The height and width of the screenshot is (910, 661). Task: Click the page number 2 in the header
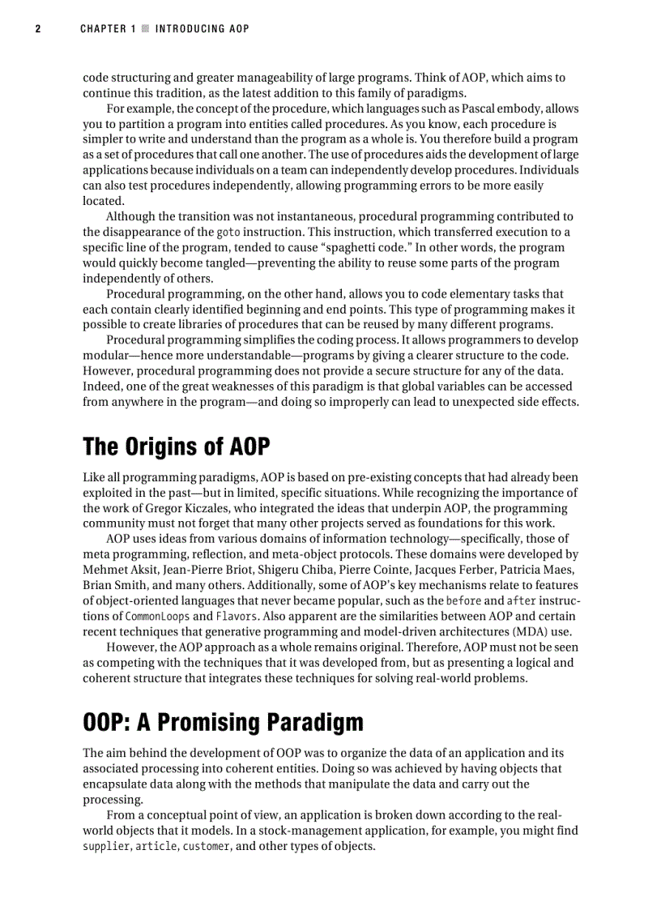click(x=37, y=29)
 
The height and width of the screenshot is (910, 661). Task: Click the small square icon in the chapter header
click(x=145, y=29)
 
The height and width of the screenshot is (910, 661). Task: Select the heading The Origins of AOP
click(x=176, y=446)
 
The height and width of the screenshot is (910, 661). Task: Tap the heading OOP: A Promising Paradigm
click(x=223, y=722)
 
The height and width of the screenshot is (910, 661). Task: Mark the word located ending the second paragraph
click(x=103, y=201)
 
